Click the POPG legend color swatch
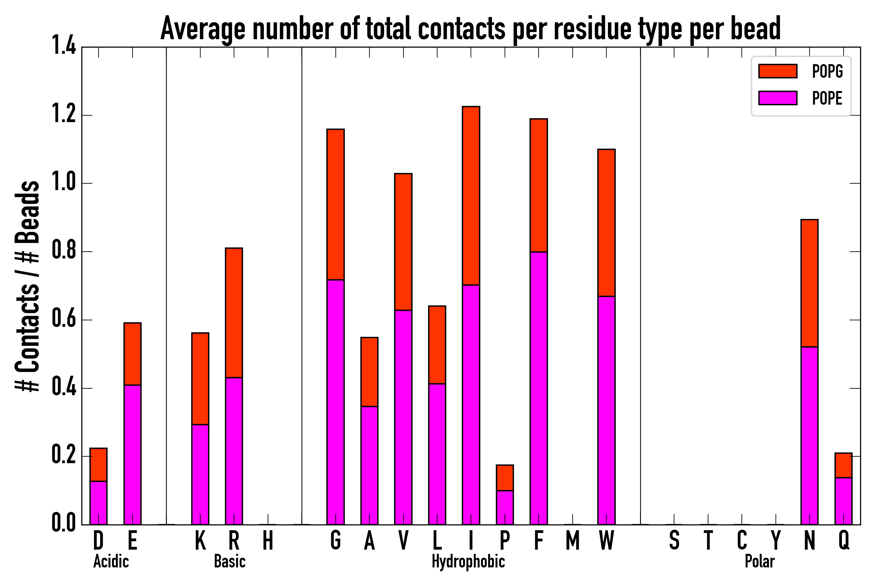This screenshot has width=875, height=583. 777,71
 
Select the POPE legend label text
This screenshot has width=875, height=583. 827,98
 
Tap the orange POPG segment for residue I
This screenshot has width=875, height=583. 471,196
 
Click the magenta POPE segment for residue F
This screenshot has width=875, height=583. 539,388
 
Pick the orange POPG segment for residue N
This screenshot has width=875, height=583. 810,283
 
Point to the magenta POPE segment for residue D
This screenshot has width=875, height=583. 99,503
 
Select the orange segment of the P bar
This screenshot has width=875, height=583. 505,478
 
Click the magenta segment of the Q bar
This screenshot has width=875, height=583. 843,501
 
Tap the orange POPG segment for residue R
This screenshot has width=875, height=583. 234,313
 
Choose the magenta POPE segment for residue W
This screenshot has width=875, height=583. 606,410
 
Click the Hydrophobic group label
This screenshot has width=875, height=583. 468,561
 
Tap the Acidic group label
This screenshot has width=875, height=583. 111,561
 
